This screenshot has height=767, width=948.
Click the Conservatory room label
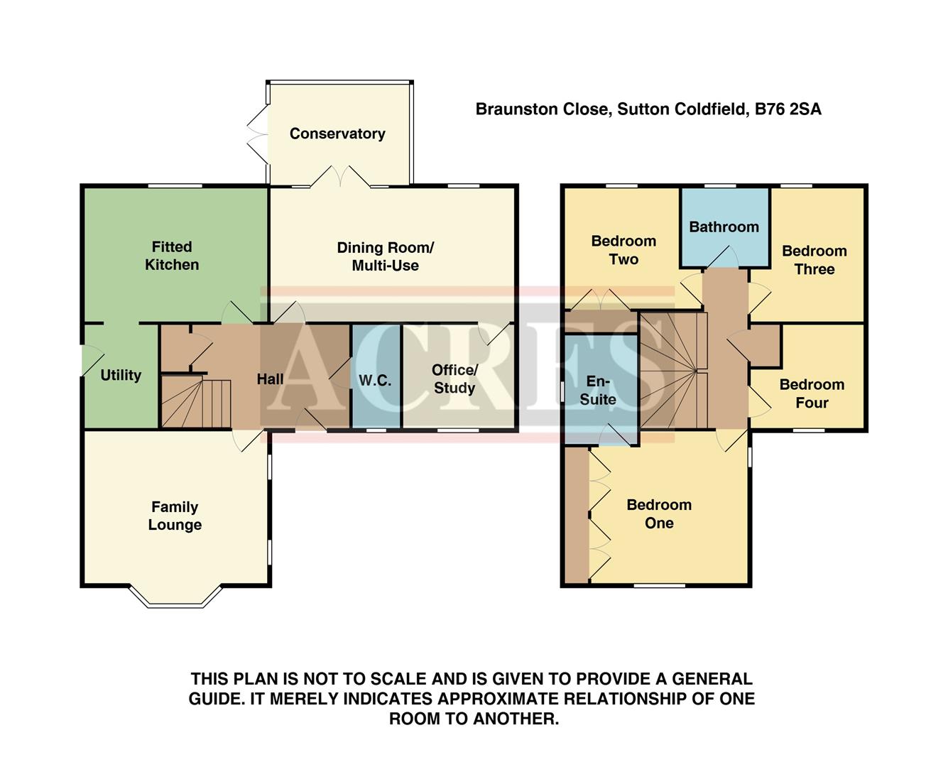(337, 134)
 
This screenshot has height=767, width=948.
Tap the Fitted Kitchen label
(172, 256)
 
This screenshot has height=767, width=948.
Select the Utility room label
(121, 375)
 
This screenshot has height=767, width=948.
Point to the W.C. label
(375, 381)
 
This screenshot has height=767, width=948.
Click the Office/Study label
(454, 379)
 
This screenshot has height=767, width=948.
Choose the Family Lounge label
(175, 516)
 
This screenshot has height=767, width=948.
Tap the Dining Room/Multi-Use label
(385, 256)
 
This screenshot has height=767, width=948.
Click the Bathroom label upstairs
(724, 227)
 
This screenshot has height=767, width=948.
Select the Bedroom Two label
(623, 250)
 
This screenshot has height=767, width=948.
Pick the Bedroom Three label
(814, 260)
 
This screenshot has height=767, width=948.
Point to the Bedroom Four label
(812, 393)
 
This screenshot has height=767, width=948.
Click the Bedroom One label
(659, 513)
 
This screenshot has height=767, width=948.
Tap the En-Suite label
(598, 391)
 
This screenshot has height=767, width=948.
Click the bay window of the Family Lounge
(175, 599)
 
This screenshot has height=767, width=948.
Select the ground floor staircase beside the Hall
(195, 403)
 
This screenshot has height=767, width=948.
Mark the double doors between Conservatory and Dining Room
(340, 177)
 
